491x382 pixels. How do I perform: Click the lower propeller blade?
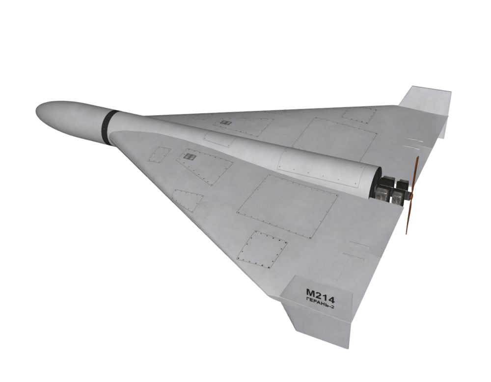pos(409,216)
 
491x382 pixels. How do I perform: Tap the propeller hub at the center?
pos(410,196)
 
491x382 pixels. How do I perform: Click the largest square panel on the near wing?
pos(287,206)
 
